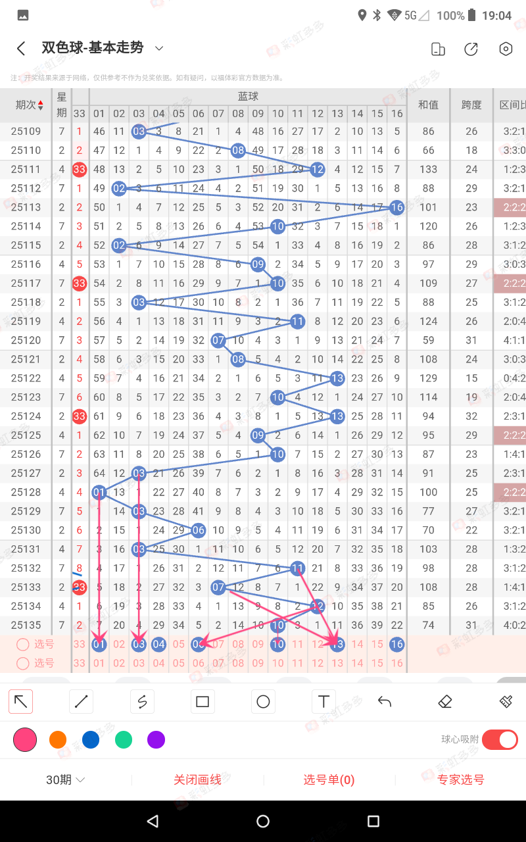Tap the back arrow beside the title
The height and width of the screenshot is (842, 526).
(x=21, y=48)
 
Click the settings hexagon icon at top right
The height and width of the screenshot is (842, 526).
(x=505, y=49)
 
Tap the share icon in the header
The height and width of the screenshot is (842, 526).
(x=471, y=49)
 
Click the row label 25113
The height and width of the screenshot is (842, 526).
(x=26, y=207)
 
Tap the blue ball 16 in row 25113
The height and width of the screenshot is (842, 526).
(x=396, y=207)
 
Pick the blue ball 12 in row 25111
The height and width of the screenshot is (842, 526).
(x=317, y=169)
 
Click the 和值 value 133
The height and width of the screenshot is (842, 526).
(x=428, y=169)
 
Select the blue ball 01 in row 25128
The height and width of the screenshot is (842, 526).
(x=99, y=492)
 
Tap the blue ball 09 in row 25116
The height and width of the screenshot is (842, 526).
(x=258, y=264)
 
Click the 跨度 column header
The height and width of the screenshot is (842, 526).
(x=471, y=105)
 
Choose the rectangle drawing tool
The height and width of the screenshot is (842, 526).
(x=203, y=702)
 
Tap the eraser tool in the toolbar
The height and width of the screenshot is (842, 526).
(x=445, y=702)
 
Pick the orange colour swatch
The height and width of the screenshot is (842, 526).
(x=58, y=740)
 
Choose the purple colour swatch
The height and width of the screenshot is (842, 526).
(x=156, y=740)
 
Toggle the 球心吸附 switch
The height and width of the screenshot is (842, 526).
(x=500, y=739)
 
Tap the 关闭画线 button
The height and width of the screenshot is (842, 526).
(x=197, y=780)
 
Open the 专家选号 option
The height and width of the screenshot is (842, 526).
(x=460, y=780)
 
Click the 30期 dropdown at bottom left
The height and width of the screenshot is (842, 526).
(x=65, y=780)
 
